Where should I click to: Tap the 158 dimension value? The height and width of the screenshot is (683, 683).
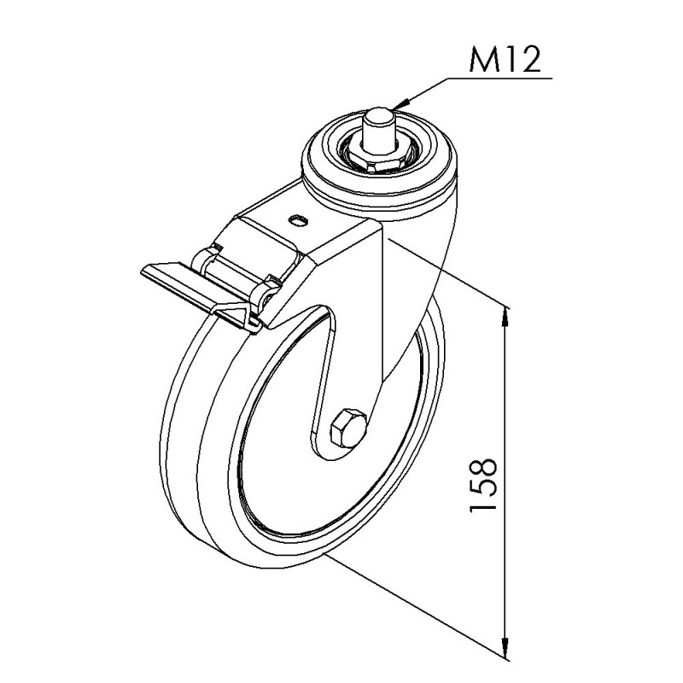[483, 484]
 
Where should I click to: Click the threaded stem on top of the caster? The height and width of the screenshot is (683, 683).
[378, 131]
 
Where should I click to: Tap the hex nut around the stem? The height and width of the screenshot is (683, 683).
[378, 158]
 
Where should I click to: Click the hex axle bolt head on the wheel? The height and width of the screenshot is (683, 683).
[348, 429]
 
